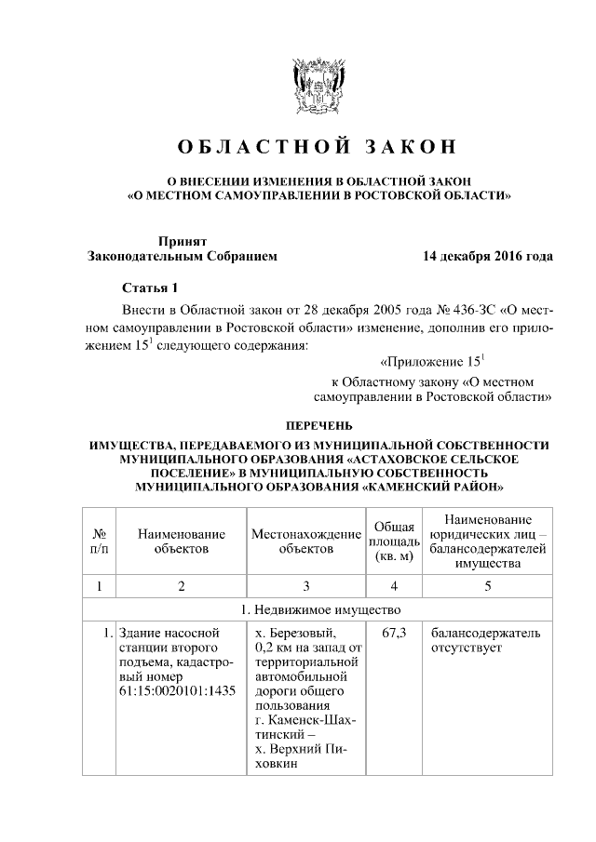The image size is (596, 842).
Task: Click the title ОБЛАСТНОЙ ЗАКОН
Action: [x=318, y=147]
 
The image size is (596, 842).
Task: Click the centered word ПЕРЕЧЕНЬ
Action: [x=318, y=426]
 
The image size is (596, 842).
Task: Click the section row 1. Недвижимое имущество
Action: [x=318, y=610]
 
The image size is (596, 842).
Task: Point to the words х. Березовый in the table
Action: [x=290, y=634]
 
